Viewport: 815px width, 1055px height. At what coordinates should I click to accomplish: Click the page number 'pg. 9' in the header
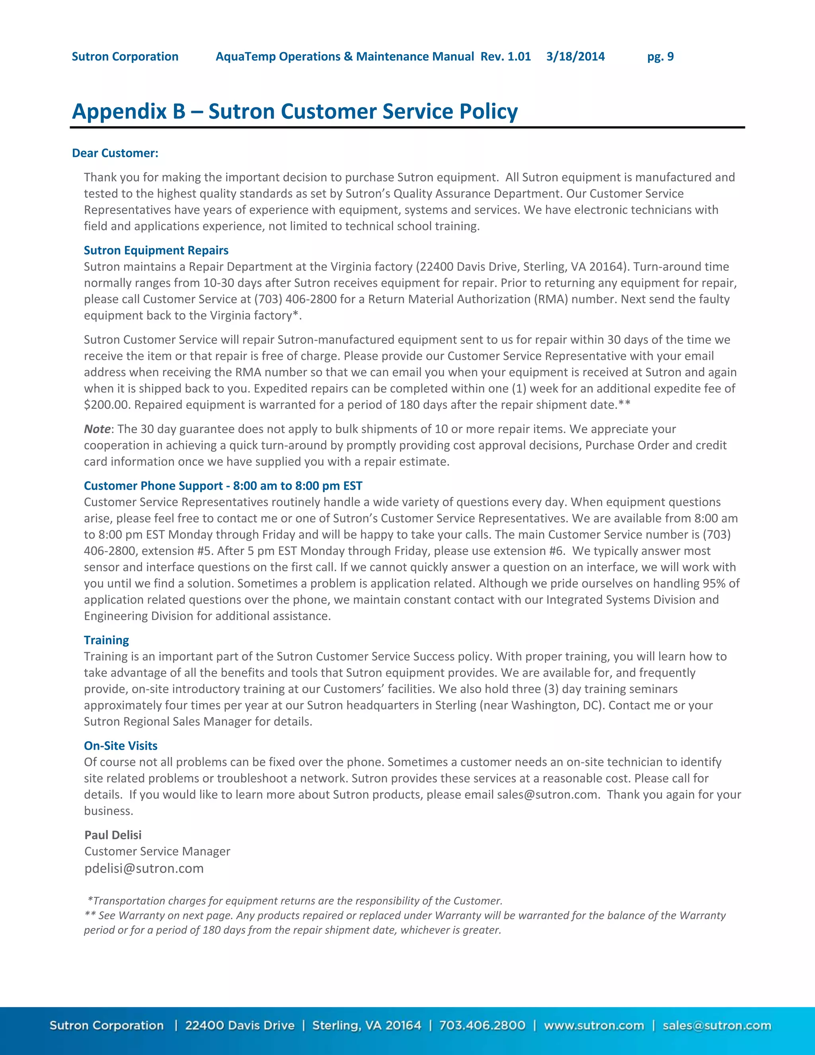(x=660, y=57)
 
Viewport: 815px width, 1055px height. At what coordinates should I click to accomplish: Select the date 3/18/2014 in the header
(x=575, y=57)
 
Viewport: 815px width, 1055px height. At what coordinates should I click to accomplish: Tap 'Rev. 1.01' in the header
(x=505, y=57)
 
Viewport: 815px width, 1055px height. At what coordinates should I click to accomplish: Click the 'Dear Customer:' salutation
(x=115, y=153)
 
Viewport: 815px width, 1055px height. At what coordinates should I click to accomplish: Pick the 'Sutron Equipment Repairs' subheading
(x=156, y=250)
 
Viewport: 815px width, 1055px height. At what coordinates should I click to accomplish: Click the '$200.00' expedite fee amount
(x=107, y=405)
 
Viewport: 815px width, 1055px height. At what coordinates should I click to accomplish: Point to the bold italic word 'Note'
(x=97, y=429)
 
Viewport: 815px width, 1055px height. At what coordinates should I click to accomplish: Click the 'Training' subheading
(x=106, y=640)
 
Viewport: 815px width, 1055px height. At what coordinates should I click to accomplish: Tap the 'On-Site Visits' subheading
(x=121, y=745)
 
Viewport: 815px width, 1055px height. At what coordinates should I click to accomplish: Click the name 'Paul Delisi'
(x=113, y=835)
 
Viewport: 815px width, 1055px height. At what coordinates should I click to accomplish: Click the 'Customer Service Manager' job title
(x=157, y=851)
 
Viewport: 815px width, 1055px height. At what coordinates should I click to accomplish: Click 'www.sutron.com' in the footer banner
(x=594, y=1025)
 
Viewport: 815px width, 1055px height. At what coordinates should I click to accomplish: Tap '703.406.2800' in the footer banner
(x=482, y=1025)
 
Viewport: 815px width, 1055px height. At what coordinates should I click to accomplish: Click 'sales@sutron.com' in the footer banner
(x=716, y=1025)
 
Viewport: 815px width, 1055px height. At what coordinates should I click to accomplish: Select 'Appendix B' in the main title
(x=129, y=111)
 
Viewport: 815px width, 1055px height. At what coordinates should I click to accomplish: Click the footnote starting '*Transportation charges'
(x=294, y=901)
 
